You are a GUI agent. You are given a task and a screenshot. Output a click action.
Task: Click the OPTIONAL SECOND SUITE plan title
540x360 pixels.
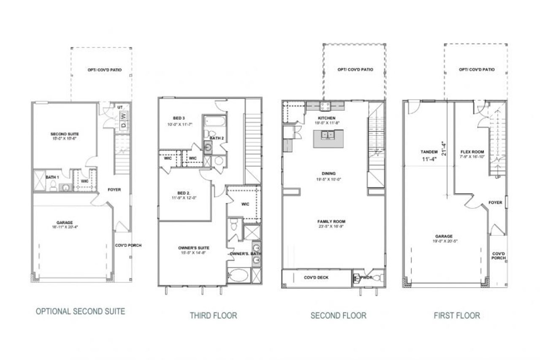[80, 311]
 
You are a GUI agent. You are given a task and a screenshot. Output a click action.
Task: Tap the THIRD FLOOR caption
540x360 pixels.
[213, 315]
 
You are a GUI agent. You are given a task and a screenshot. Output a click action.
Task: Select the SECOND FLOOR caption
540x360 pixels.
[338, 315]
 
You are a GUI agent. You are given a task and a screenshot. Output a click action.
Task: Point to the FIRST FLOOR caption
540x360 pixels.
[456, 315]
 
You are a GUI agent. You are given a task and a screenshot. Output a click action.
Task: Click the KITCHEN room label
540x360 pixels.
[327, 118]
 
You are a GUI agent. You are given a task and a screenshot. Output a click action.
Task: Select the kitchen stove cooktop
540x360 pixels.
[326, 106]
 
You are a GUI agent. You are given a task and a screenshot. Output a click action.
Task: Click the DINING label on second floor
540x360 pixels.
[328, 173]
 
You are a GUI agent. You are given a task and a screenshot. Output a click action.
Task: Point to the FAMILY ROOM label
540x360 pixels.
[331, 222]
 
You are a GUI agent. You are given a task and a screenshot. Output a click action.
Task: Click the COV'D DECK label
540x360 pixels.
[316, 277]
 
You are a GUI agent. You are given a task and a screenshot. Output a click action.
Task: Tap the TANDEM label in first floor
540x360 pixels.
[429, 152]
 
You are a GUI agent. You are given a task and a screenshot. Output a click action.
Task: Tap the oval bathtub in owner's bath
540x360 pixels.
[238, 276]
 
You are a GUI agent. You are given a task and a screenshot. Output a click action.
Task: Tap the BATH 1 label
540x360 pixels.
[52, 177]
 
